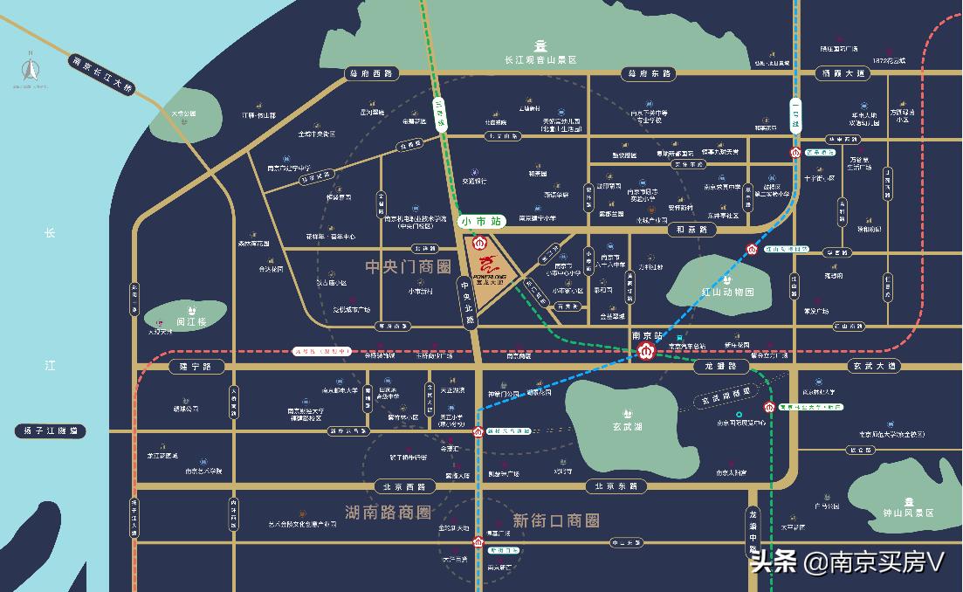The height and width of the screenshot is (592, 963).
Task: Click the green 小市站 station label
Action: (478, 222)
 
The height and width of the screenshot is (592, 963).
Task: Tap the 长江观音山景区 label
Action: (541, 60)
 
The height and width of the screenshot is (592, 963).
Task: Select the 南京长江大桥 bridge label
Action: (102, 75)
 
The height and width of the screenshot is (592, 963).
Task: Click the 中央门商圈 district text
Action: (408, 265)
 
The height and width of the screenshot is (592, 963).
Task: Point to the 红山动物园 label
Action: (721, 291)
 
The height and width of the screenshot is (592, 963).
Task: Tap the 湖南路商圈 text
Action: (388, 512)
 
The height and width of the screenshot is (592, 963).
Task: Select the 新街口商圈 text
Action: (556, 520)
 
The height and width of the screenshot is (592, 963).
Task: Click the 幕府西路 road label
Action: (370, 73)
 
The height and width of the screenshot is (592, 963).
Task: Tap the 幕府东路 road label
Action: (647, 73)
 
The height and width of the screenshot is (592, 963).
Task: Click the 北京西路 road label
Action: (399, 486)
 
